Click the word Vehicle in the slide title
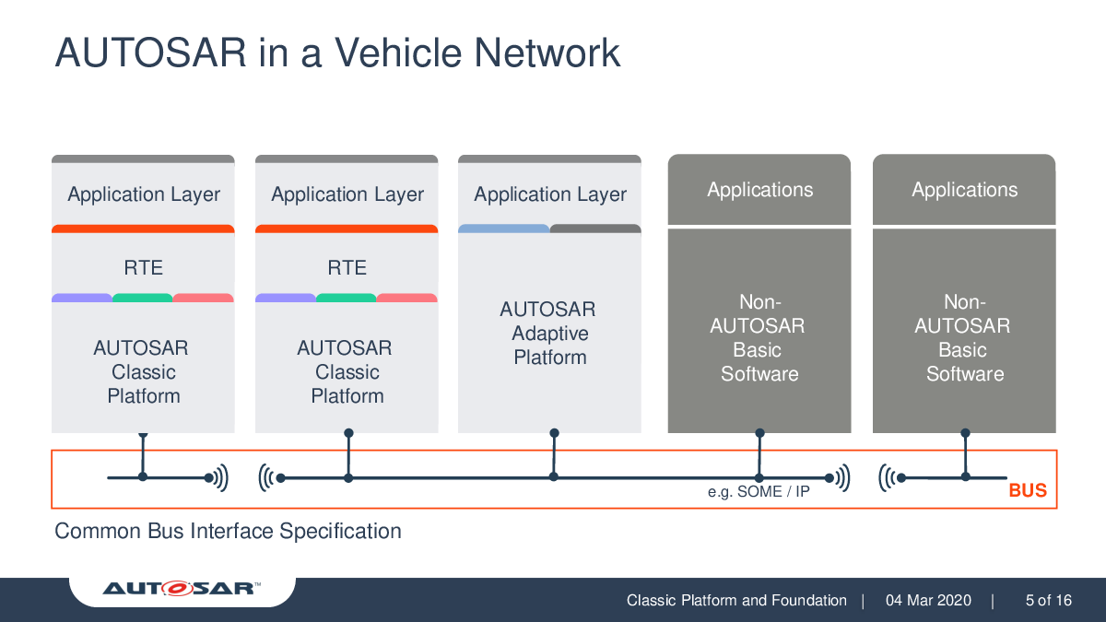[399, 53]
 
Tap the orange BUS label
[1028, 490]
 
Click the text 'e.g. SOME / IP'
[759, 492]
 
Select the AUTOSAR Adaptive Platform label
[549, 334]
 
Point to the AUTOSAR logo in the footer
[182, 588]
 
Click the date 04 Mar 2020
[928, 600]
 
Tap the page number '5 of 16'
[1049, 600]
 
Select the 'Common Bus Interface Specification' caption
[228, 532]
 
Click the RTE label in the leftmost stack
[143, 267]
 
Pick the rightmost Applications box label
[964, 190]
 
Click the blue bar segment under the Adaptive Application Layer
[503, 229]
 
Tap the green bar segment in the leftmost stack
[142, 298]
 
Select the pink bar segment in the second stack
[406, 298]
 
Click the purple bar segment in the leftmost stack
[82, 298]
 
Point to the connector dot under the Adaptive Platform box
[554, 433]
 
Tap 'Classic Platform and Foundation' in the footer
[736, 600]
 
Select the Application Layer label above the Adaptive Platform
[550, 194]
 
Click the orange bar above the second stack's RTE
[347, 229]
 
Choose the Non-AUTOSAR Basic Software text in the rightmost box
[964, 337]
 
